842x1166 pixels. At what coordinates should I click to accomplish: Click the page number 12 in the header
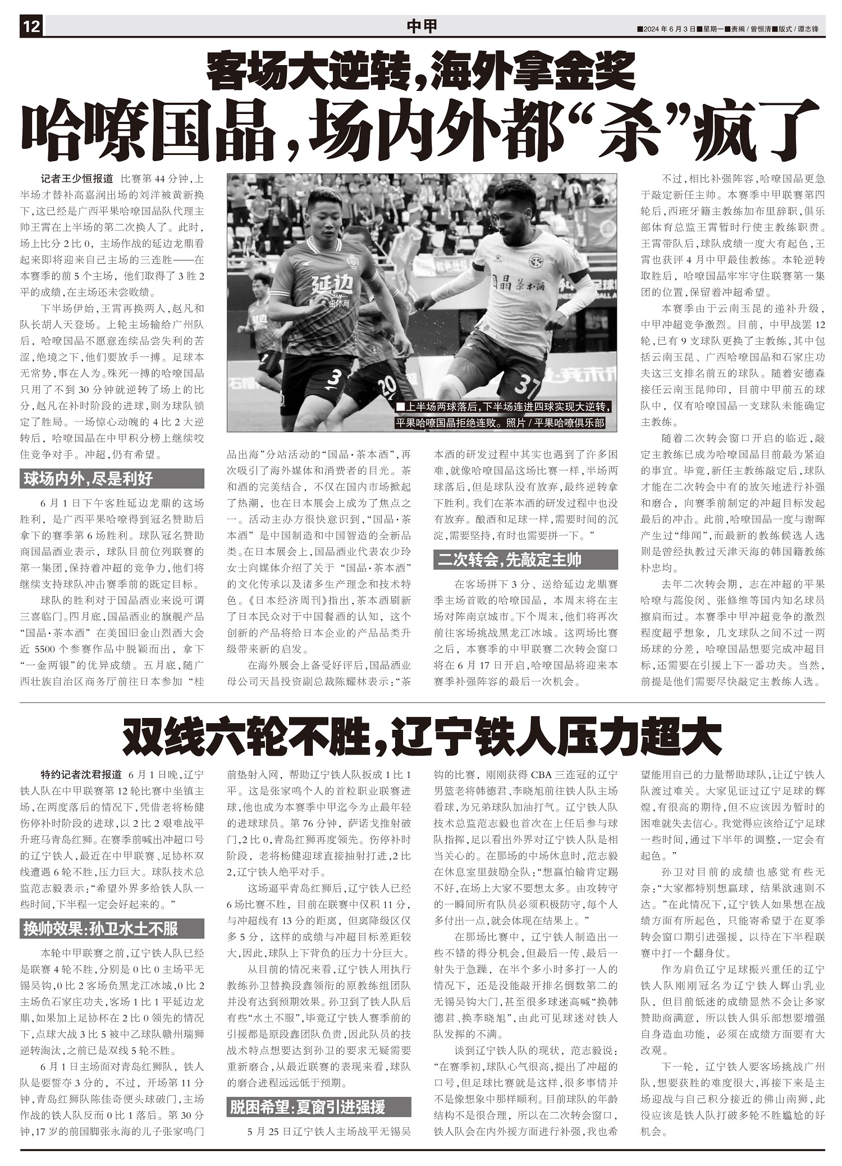pyautogui.click(x=31, y=26)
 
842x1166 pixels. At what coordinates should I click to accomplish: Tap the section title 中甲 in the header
pyautogui.click(x=421, y=26)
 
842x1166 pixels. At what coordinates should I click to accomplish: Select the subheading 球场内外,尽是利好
pyautogui.click(x=88, y=479)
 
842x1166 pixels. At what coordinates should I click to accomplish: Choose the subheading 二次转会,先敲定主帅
pyautogui.click(x=510, y=560)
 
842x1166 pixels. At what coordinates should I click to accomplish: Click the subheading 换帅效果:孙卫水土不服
pyautogui.click(x=100, y=929)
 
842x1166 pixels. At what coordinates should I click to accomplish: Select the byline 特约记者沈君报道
pyautogui.click(x=81, y=775)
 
